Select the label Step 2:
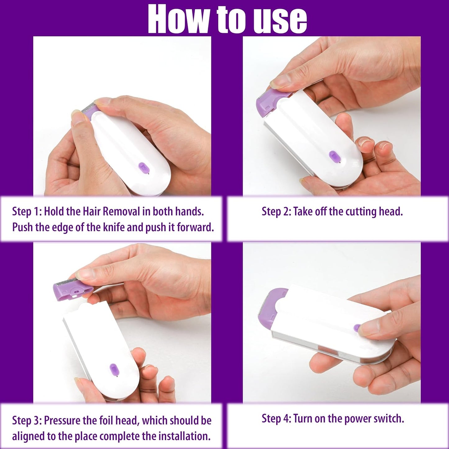coord(276,212)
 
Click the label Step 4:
coord(276,419)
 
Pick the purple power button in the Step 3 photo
coord(114,369)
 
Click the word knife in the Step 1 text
coord(114,227)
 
